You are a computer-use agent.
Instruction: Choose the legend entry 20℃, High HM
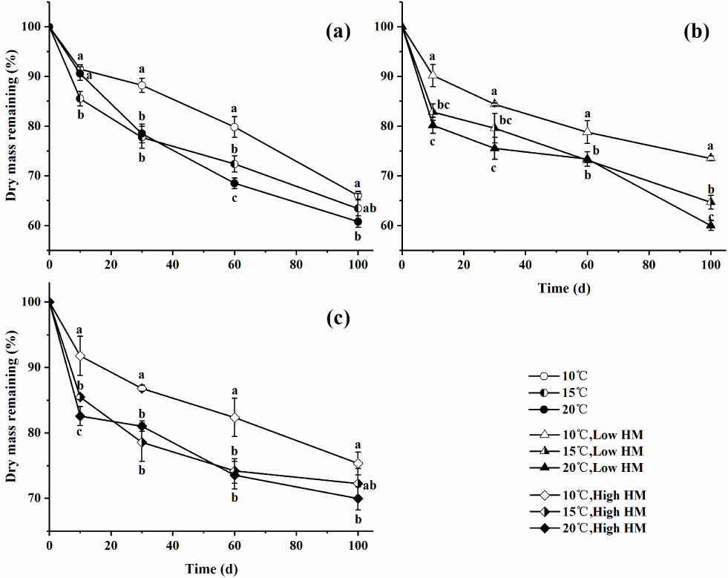[588, 528]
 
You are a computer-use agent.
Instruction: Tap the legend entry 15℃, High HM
[588, 512]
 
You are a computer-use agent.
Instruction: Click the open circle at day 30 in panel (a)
[142, 85]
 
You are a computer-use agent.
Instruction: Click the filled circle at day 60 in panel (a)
[235, 183]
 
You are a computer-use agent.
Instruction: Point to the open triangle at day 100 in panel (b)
[711, 158]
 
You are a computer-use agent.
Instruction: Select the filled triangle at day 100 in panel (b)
[711, 225]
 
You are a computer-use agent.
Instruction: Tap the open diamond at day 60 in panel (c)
[235, 418]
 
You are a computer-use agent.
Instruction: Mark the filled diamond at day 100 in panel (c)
[358, 498]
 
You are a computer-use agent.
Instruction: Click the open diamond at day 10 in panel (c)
[80, 356]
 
